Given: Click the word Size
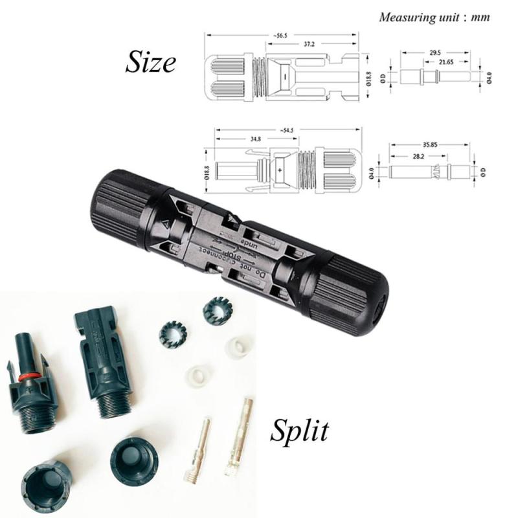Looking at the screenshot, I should click(150, 63).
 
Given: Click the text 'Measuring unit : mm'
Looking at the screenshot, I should click(434, 17).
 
